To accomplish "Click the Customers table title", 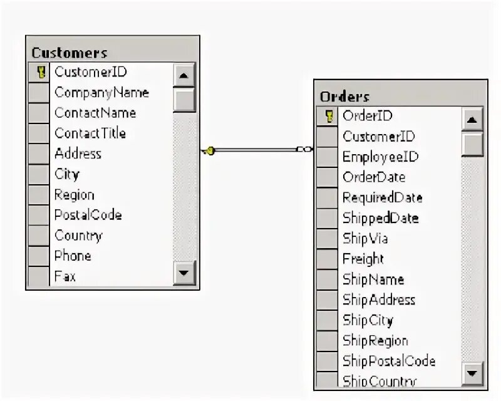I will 70,53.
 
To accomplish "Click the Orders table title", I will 344,96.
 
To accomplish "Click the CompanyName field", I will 101,93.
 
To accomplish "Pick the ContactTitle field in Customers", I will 90,133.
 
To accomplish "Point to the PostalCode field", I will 88,215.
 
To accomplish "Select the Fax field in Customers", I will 65,276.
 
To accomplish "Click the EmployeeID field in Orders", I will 380,157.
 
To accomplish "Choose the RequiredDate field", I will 382,198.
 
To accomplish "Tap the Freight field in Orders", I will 363,259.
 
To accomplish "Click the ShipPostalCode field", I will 388,361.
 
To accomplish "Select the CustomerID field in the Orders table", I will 378,137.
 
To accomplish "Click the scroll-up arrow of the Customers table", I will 184,76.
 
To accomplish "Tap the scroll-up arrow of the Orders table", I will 473,120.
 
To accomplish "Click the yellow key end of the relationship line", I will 210,150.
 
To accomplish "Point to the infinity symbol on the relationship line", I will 304,149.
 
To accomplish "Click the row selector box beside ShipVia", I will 327,239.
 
